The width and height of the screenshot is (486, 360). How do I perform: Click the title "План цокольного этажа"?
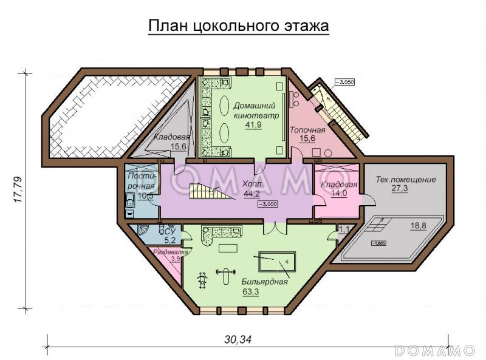(239, 27)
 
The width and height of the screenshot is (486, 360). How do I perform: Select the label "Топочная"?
(307, 130)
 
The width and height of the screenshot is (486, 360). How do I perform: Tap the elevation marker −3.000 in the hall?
(268, 205)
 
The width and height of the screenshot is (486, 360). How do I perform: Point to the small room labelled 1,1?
(344, 229)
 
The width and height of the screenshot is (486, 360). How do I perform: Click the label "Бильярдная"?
(264, 281)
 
